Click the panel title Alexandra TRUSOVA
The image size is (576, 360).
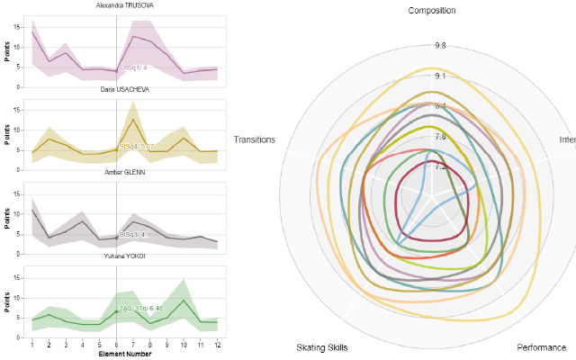click(x=124, y=4)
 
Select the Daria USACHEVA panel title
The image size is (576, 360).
click(x=124, y=90)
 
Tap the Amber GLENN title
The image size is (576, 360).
click(x=124, y=172)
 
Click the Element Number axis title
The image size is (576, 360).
click(x=124, y=355)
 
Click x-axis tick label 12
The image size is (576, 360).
click(x=217, y=345)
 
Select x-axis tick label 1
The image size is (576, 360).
click(x=32, y=345)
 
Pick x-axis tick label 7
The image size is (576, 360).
click(x=133, y=345)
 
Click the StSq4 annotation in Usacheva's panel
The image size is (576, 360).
click(x=137, y=146)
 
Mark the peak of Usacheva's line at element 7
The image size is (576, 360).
click(x=133, y=119)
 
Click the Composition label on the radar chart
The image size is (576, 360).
click(x=431, y=11)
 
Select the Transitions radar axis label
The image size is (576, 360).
click(x=254, y=139)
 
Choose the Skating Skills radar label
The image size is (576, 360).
click(x=321, y=347)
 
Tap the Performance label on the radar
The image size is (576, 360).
click(x=542, y=347)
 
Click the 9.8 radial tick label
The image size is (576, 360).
click(x=440, y=45)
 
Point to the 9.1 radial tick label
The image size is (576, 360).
click(x=440, y=76)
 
